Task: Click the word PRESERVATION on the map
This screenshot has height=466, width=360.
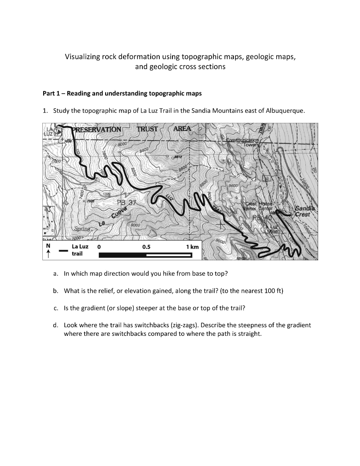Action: click(x=96, y=129)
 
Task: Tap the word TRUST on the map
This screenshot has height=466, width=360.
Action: click(x=147, y=129)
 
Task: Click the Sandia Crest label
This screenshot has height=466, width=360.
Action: click(x=302, y=212)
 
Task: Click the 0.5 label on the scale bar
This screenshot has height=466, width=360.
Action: click(x=147, y=247)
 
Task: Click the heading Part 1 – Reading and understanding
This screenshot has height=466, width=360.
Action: click(x=122, y=93)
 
